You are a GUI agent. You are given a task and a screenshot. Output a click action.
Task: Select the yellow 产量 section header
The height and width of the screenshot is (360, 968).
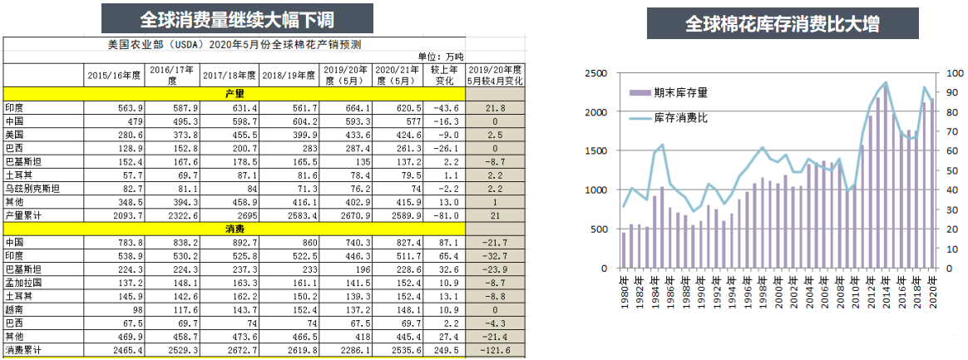235,94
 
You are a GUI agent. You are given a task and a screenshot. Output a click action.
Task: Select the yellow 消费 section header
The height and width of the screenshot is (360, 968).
235,229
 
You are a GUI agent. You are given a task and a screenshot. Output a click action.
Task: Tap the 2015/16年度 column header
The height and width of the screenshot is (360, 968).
115,75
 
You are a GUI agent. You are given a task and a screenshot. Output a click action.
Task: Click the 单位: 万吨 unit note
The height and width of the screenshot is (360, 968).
438,56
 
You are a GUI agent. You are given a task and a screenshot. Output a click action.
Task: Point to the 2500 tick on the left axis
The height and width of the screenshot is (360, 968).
595,73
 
